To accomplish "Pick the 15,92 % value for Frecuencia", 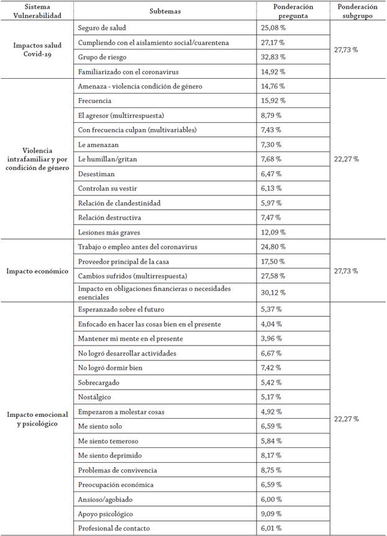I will [271, 100].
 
